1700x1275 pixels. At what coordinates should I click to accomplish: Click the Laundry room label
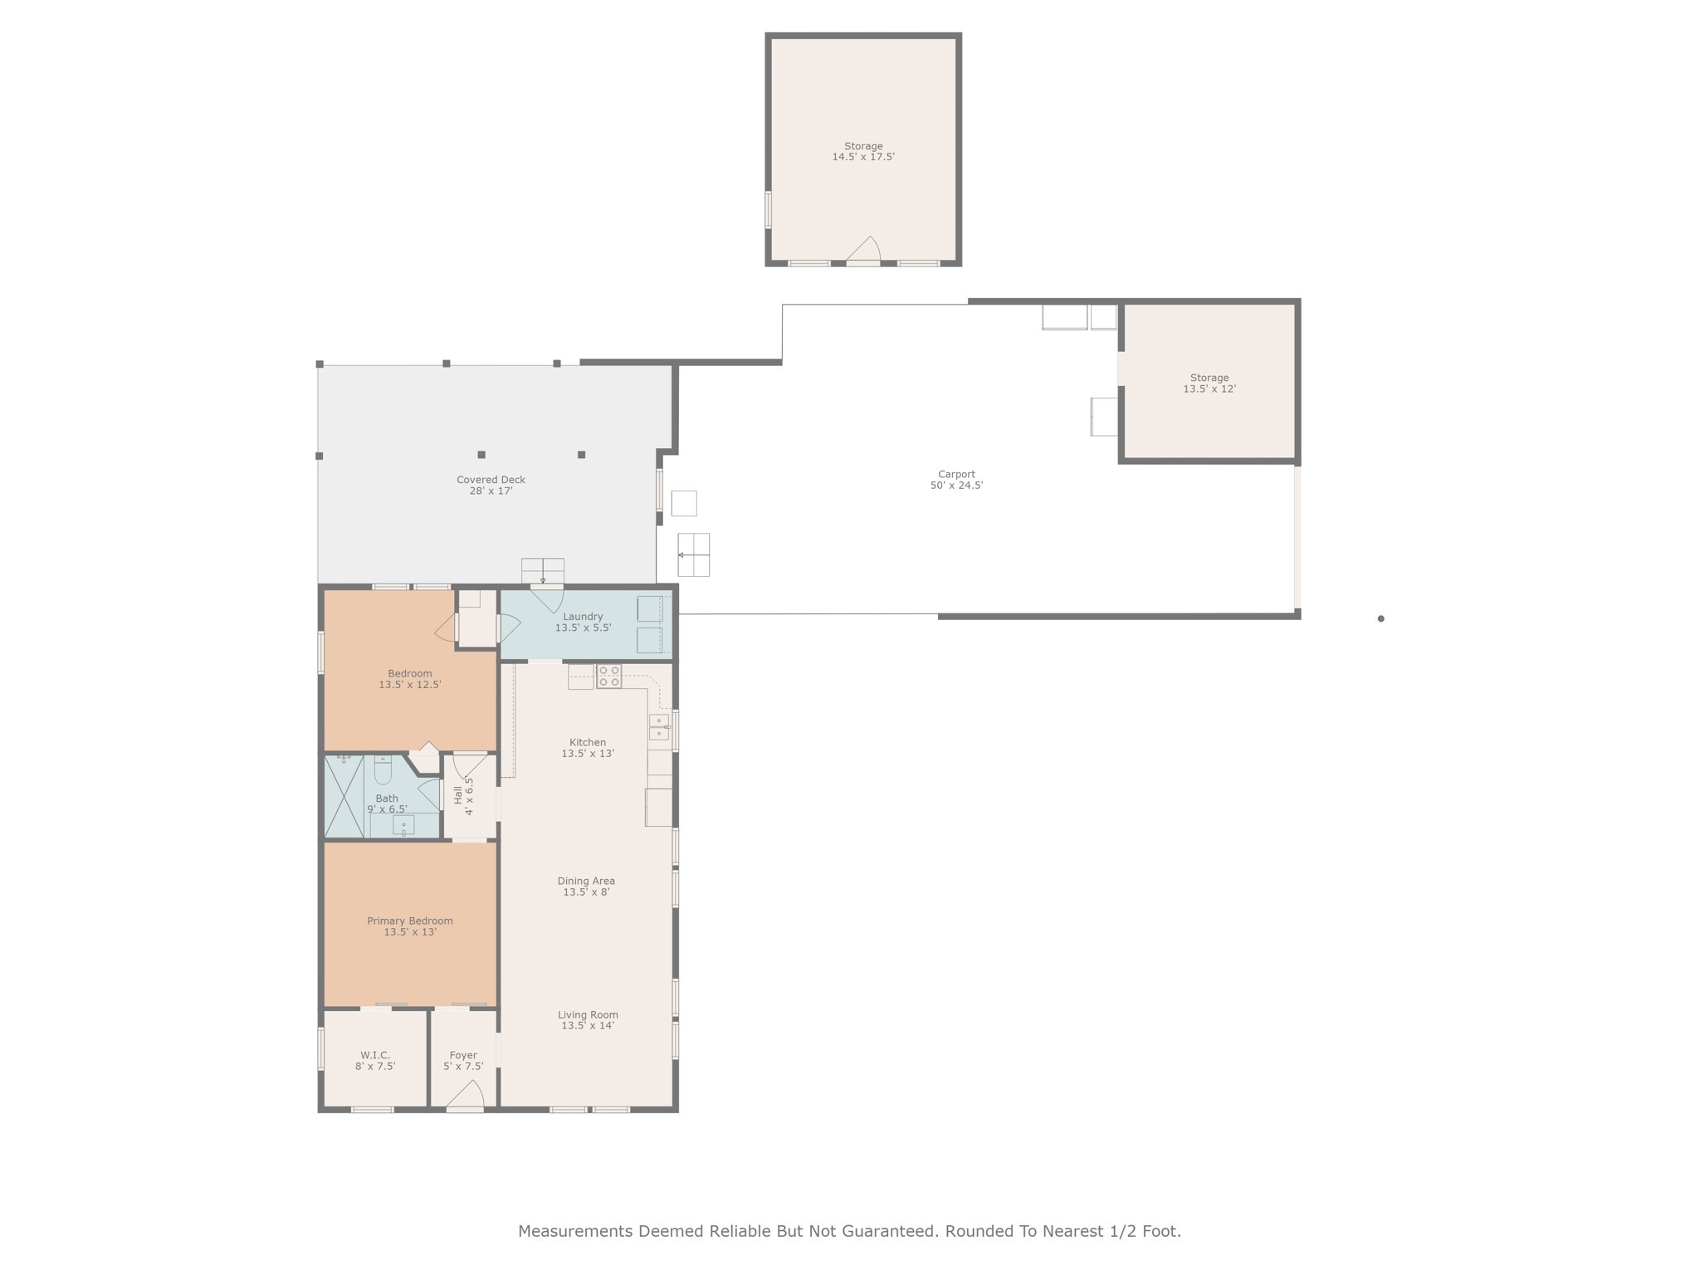[x=583, y=617]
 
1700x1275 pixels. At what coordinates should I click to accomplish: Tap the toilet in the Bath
[x=383, y=772]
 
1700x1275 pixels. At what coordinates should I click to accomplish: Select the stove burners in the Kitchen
[x=608, y=677]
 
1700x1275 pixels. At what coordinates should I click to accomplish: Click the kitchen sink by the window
[x=658, y=727]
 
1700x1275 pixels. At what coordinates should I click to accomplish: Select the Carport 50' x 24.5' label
[x=956, y=480]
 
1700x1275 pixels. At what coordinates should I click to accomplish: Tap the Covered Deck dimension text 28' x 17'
[x=491, y=491]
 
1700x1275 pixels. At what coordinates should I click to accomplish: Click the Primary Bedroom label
[x=409, y=921]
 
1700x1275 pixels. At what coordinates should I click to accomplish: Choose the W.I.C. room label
[x=375, y=1055]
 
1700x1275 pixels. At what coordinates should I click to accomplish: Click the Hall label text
[x=458, y=795]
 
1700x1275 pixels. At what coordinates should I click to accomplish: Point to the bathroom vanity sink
[x=403, y=824]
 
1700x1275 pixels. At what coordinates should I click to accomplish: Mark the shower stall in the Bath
[x=344, y=796]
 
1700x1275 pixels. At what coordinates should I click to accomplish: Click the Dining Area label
[x=586, y=881]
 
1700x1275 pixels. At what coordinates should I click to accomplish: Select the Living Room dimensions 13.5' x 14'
[x=588, y=1026]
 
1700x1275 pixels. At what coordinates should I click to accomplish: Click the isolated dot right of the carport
[x=1380, y=618]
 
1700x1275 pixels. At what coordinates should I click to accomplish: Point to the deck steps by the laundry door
[x=543, y=570]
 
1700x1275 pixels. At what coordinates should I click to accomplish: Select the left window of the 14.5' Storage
[x=768, y=209]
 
